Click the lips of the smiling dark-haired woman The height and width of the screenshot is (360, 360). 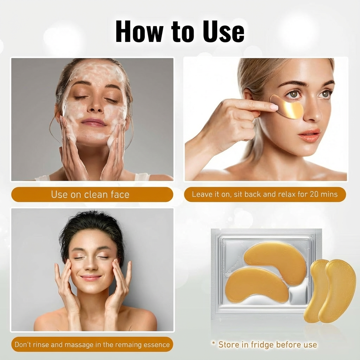tap(91, 278)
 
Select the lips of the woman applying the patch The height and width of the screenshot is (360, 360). tap(310, 135)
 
